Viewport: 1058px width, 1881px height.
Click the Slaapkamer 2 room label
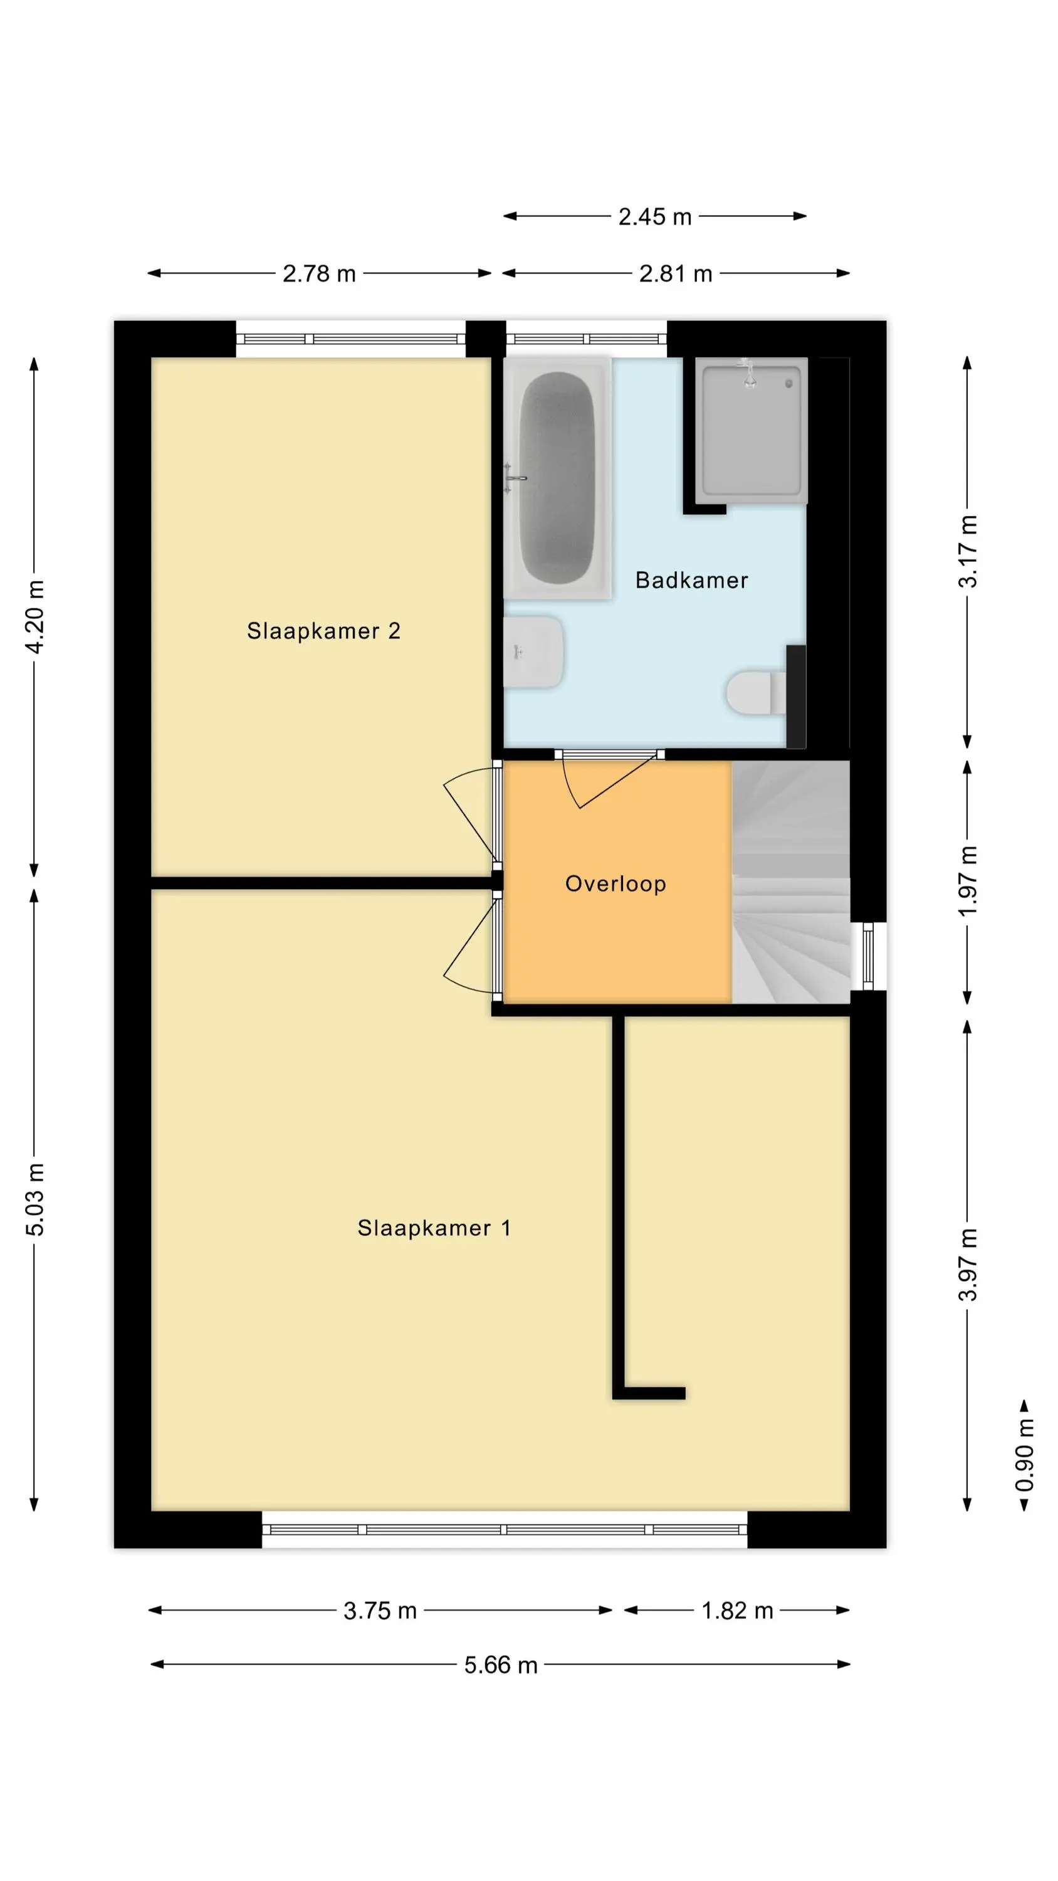323,631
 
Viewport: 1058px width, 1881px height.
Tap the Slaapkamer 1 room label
434,1228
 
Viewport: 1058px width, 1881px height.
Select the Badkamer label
691,580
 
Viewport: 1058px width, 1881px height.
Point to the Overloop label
615,883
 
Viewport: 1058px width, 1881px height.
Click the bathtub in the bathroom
558,478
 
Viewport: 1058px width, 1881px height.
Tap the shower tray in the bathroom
752,430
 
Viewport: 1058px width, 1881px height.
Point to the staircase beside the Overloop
791,882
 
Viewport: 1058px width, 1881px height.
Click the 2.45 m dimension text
655,216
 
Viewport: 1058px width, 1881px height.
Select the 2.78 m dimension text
319,273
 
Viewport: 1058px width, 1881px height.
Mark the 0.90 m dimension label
1024,1455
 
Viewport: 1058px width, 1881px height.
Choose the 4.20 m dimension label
34,617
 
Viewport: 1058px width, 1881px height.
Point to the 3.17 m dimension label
968,551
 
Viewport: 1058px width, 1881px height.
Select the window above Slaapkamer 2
350,339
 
